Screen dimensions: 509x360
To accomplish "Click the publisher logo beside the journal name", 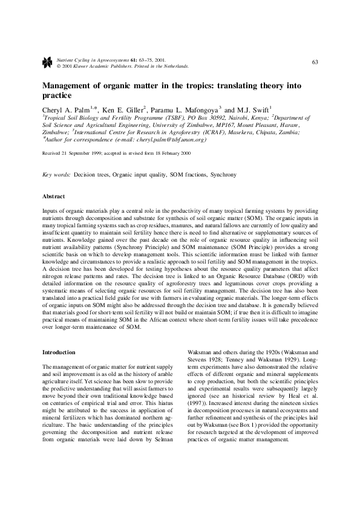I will (47, 62).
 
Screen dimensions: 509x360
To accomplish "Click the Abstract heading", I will (53, 196).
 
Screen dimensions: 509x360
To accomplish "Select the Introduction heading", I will (58, 352).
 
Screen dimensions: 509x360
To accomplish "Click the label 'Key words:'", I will (56, 174).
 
